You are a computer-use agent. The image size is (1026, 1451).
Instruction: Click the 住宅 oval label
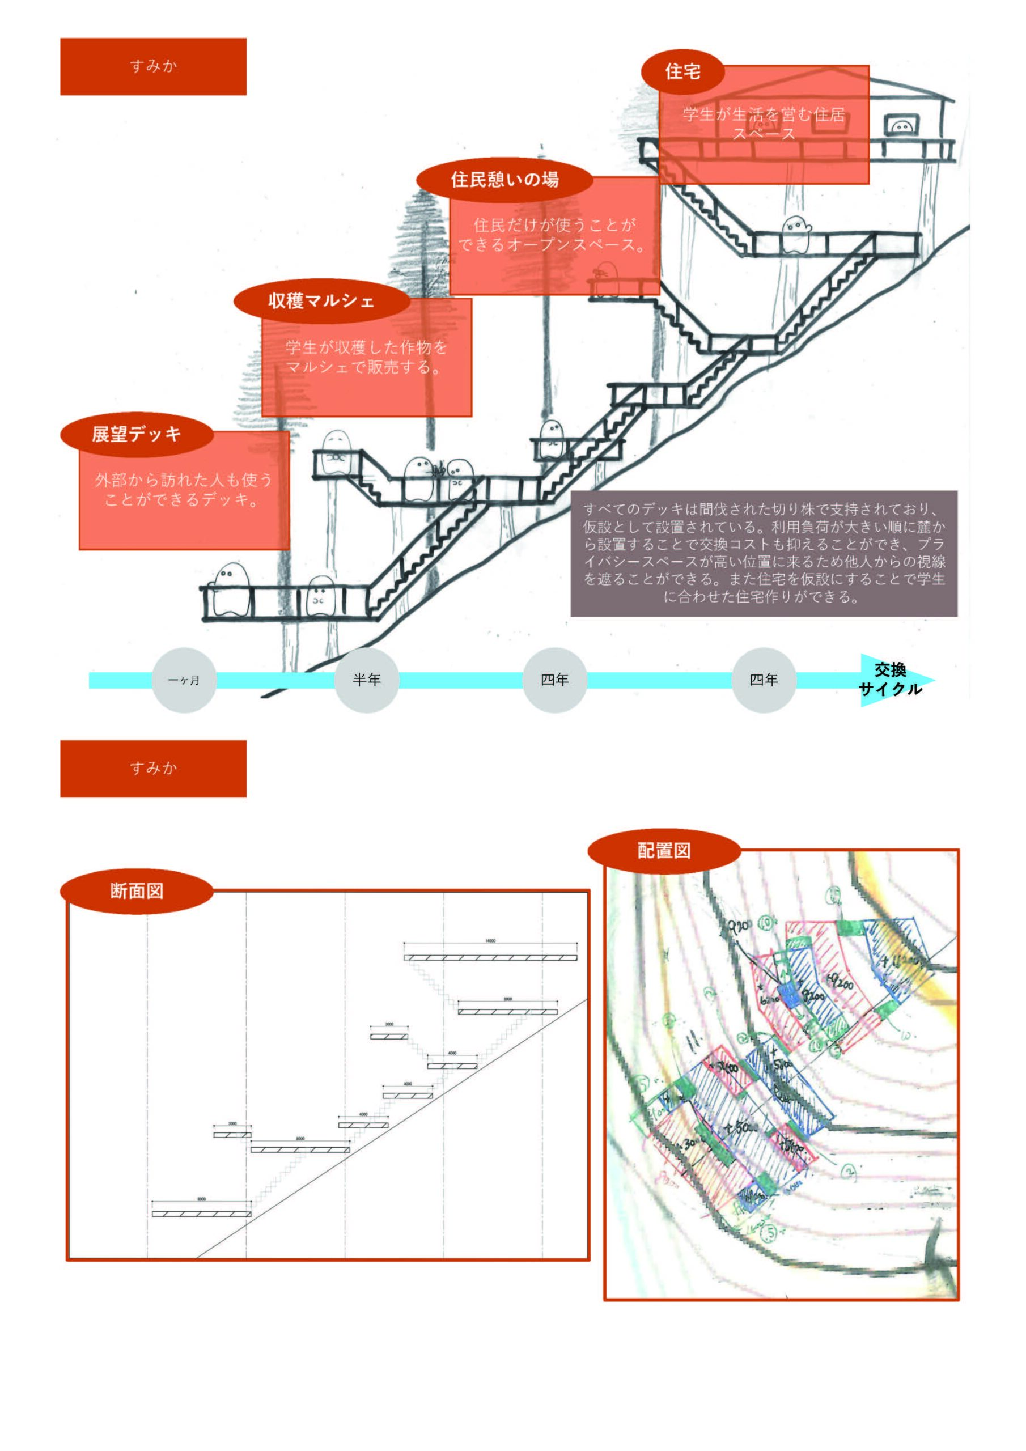point(682,71)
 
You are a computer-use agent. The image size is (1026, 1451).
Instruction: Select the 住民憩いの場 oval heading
point(504,180)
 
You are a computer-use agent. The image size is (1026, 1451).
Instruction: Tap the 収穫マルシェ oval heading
point(321,300)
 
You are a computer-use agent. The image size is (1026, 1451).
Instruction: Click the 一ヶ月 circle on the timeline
point(184,680)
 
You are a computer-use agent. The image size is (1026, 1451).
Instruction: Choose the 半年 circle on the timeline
point(367,680)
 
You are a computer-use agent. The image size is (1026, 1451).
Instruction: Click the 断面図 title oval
point(137,890)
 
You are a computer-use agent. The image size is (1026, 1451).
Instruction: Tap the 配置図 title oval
point(664,851)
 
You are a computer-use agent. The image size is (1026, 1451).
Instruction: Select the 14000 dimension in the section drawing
point(490,941)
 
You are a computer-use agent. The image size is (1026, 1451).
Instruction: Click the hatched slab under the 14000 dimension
point(490,958)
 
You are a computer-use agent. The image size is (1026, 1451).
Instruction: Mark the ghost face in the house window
point(901,127)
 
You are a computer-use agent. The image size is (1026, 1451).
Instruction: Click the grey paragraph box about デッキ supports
point(764,553)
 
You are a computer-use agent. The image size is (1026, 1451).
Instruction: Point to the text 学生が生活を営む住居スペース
point(764,124)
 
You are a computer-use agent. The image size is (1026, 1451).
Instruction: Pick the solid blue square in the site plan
point(790,994)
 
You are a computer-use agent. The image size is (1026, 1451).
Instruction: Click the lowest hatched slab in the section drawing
point(201,1214)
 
